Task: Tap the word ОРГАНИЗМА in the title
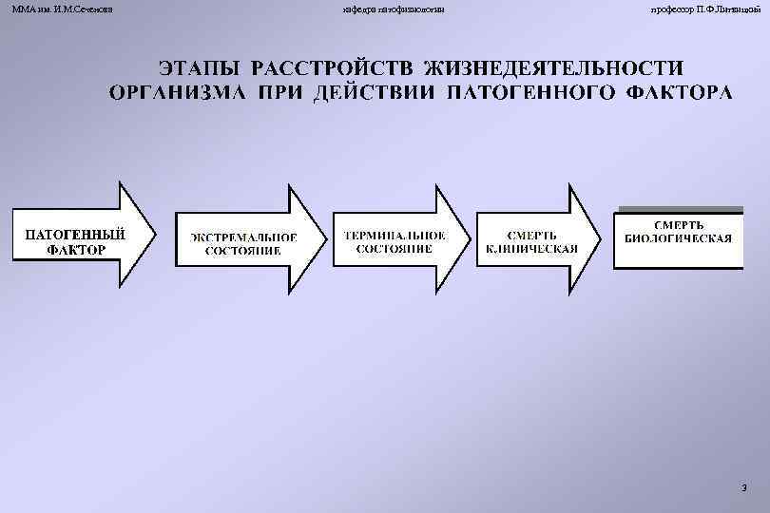pos(174,93)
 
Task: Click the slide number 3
pos(742,486)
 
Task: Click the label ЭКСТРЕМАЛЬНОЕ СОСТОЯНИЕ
pos(241,243)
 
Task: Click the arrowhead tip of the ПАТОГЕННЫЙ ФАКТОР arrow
pos(153,234)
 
